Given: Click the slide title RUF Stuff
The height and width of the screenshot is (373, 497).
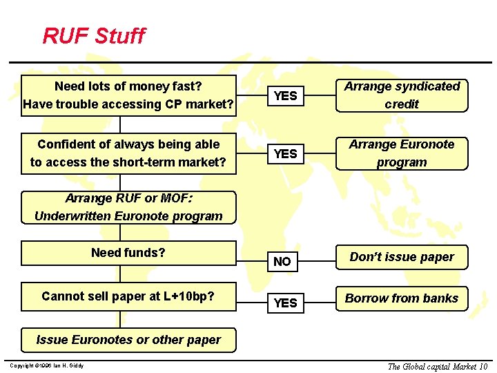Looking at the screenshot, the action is click(x=94, y=35).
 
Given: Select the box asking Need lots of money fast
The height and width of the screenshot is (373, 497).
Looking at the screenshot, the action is click(x=128, y=95).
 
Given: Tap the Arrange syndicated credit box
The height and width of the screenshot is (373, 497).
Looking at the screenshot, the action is click(x=402, y=95).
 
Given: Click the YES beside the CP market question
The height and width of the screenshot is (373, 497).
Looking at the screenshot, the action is click(x=285, y=96).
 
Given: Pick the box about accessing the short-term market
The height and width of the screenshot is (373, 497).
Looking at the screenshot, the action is click(x=128, y=153).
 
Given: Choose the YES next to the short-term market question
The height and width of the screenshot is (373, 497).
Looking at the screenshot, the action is click(x=285, y=154).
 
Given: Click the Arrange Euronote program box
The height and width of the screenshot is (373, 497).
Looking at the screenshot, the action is click(x=402, y=153).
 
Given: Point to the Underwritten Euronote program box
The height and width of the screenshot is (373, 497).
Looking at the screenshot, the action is click(x=128, y=207).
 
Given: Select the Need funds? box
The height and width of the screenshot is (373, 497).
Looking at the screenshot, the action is click(x=128, y=253).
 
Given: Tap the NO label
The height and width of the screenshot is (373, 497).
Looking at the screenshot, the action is click(x=282, y=262).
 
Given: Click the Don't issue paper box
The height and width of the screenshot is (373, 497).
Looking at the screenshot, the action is click(x=402, y=257).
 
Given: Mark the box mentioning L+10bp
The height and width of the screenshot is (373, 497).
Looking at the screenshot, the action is click(x=128, y=296).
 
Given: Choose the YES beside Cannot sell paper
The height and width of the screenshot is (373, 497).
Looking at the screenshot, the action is click(x=285, y=303).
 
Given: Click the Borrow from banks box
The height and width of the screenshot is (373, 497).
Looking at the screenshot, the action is click(x=402, y=298).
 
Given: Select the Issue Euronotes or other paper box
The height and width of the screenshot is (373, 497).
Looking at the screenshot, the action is click(x=128, y=340).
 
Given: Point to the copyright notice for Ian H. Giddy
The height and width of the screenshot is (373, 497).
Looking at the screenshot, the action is click(x=47, y=365).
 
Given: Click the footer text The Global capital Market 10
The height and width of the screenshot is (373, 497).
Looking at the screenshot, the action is click(x=438, y=366).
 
